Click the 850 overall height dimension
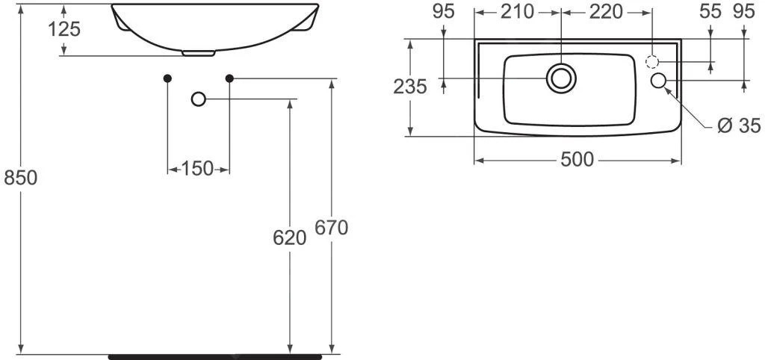pos(20,179)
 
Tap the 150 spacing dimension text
pos(197,169)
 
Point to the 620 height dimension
pos(289,238)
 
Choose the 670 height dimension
pos(331,228)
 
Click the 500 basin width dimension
pos(577,160)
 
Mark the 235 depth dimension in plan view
pos(410,87)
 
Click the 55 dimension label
pos(710,12)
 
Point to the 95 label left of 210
pos(444,12)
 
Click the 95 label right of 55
pos(744,12)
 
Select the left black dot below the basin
pos(167,78)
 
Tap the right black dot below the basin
pos(229,78)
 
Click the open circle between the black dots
pos(198,99)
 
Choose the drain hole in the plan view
pos(561,78)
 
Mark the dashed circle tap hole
pos(652,62)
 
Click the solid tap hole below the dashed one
pos(659,81)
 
